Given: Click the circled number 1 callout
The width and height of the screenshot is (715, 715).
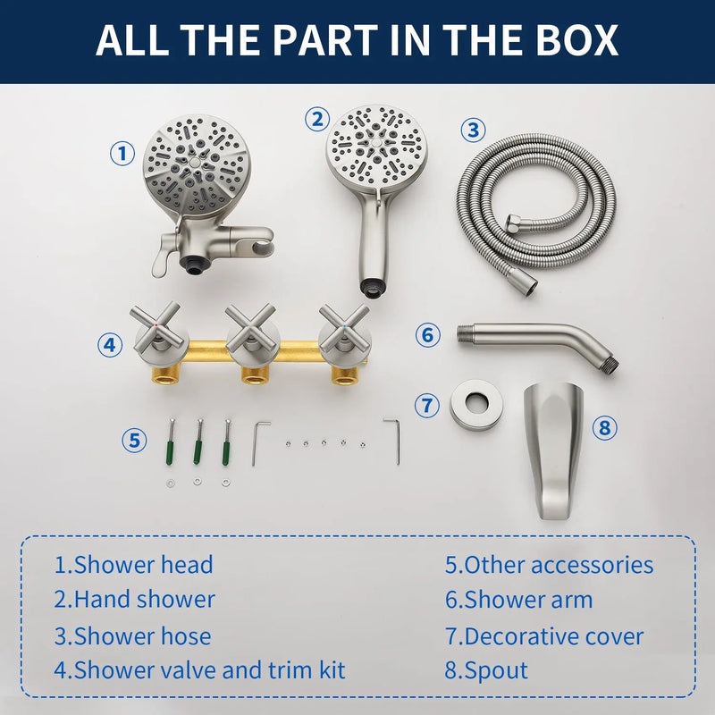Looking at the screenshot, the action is pos(122,153).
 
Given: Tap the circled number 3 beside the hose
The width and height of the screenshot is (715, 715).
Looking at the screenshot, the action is pos(473,130).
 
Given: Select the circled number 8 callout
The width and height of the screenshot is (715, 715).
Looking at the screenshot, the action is pos(604,428).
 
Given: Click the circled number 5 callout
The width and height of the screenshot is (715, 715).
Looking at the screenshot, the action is pos(135,441).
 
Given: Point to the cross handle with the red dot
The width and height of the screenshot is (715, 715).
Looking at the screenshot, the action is pos(156,325).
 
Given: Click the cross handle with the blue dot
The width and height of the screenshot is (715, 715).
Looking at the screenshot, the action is pos(344,326).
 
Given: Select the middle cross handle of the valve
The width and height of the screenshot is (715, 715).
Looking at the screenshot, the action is pos(250,327).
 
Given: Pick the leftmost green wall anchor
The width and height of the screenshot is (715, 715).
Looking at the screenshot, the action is pos(170,442).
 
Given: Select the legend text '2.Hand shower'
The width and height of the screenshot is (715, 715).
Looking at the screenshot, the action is pos(135,599).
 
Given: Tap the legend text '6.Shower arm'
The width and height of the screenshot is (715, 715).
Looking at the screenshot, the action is pos(519,599).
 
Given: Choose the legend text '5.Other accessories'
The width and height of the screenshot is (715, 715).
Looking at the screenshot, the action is pos(549,565).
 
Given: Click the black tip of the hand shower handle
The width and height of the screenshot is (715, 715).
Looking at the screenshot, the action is pos(373,289).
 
